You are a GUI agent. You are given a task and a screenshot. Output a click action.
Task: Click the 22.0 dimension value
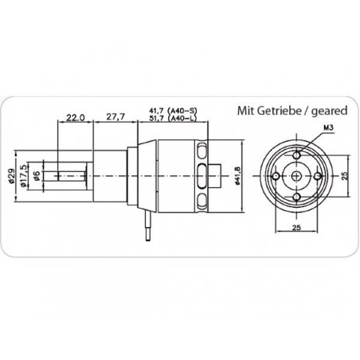[76, 117]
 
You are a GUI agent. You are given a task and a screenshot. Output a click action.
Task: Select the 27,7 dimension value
[115, 117]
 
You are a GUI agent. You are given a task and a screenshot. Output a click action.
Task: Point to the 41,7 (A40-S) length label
[174, 111]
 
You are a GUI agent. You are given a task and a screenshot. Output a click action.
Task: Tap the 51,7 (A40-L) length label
[173, 118]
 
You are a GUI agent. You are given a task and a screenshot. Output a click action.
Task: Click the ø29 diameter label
[11, 175]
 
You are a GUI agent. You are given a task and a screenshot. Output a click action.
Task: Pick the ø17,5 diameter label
[23, 176]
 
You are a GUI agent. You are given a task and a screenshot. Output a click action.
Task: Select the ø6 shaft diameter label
[37, 176]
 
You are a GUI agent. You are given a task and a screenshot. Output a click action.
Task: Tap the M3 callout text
[328, 128]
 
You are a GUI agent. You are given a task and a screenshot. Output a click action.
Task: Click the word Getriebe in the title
[280, 111]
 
